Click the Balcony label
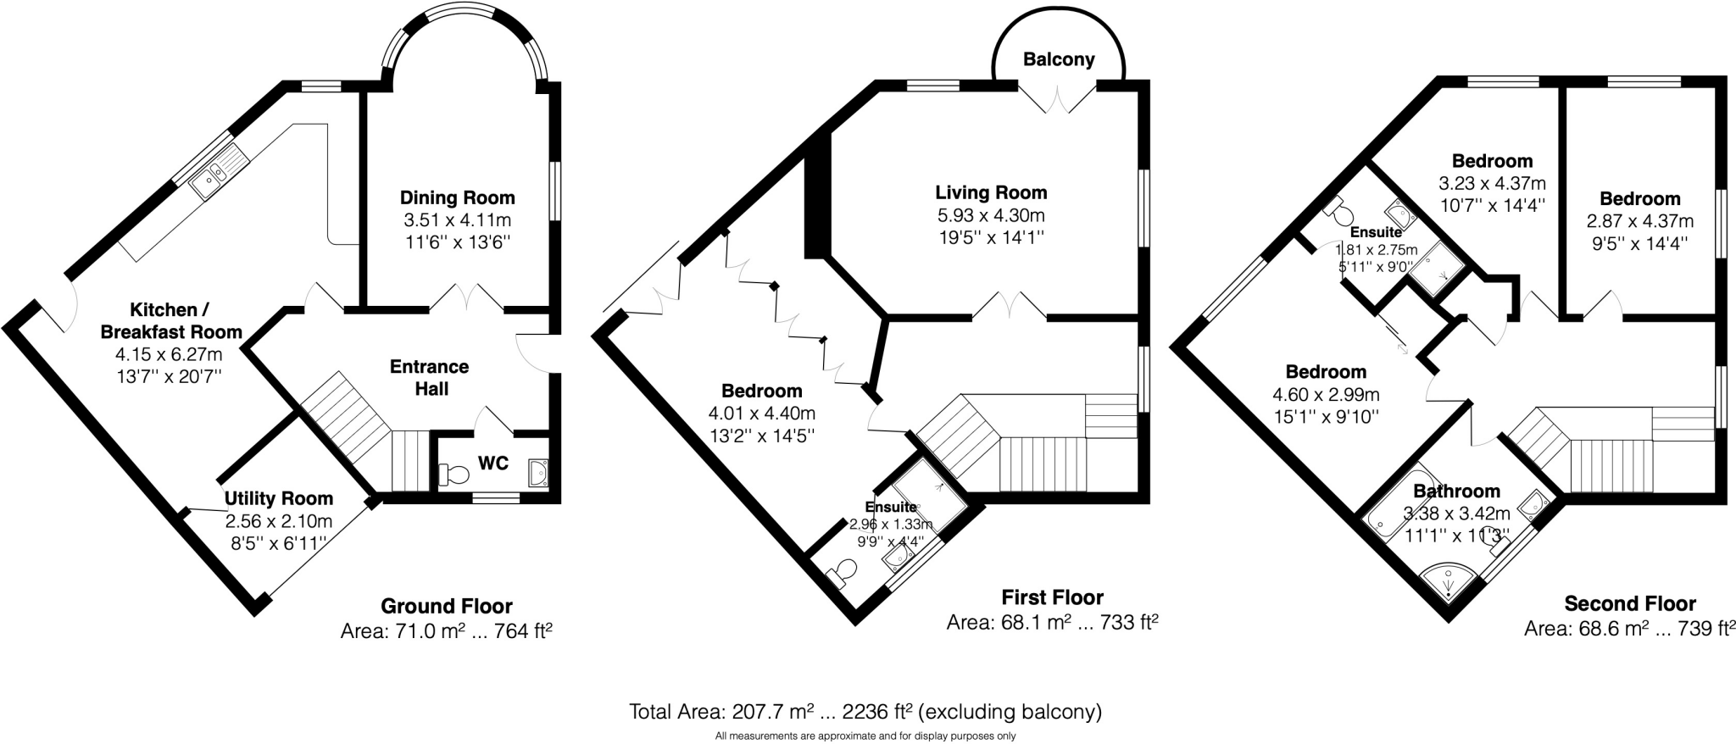click(1059, 59)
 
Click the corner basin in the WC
click(537, 473)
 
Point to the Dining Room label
click(457, 198)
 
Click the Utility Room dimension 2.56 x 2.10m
click(278, 521)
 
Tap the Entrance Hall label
click(429, 378)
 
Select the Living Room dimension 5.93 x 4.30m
click(990, 215)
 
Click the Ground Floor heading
click(446, 607)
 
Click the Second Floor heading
click(1629, 604)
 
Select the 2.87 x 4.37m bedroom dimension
click(1639, 221)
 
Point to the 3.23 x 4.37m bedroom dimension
click(1492, 183)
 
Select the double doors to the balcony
click(1058, 100)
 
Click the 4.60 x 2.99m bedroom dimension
click(1326, 394)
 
